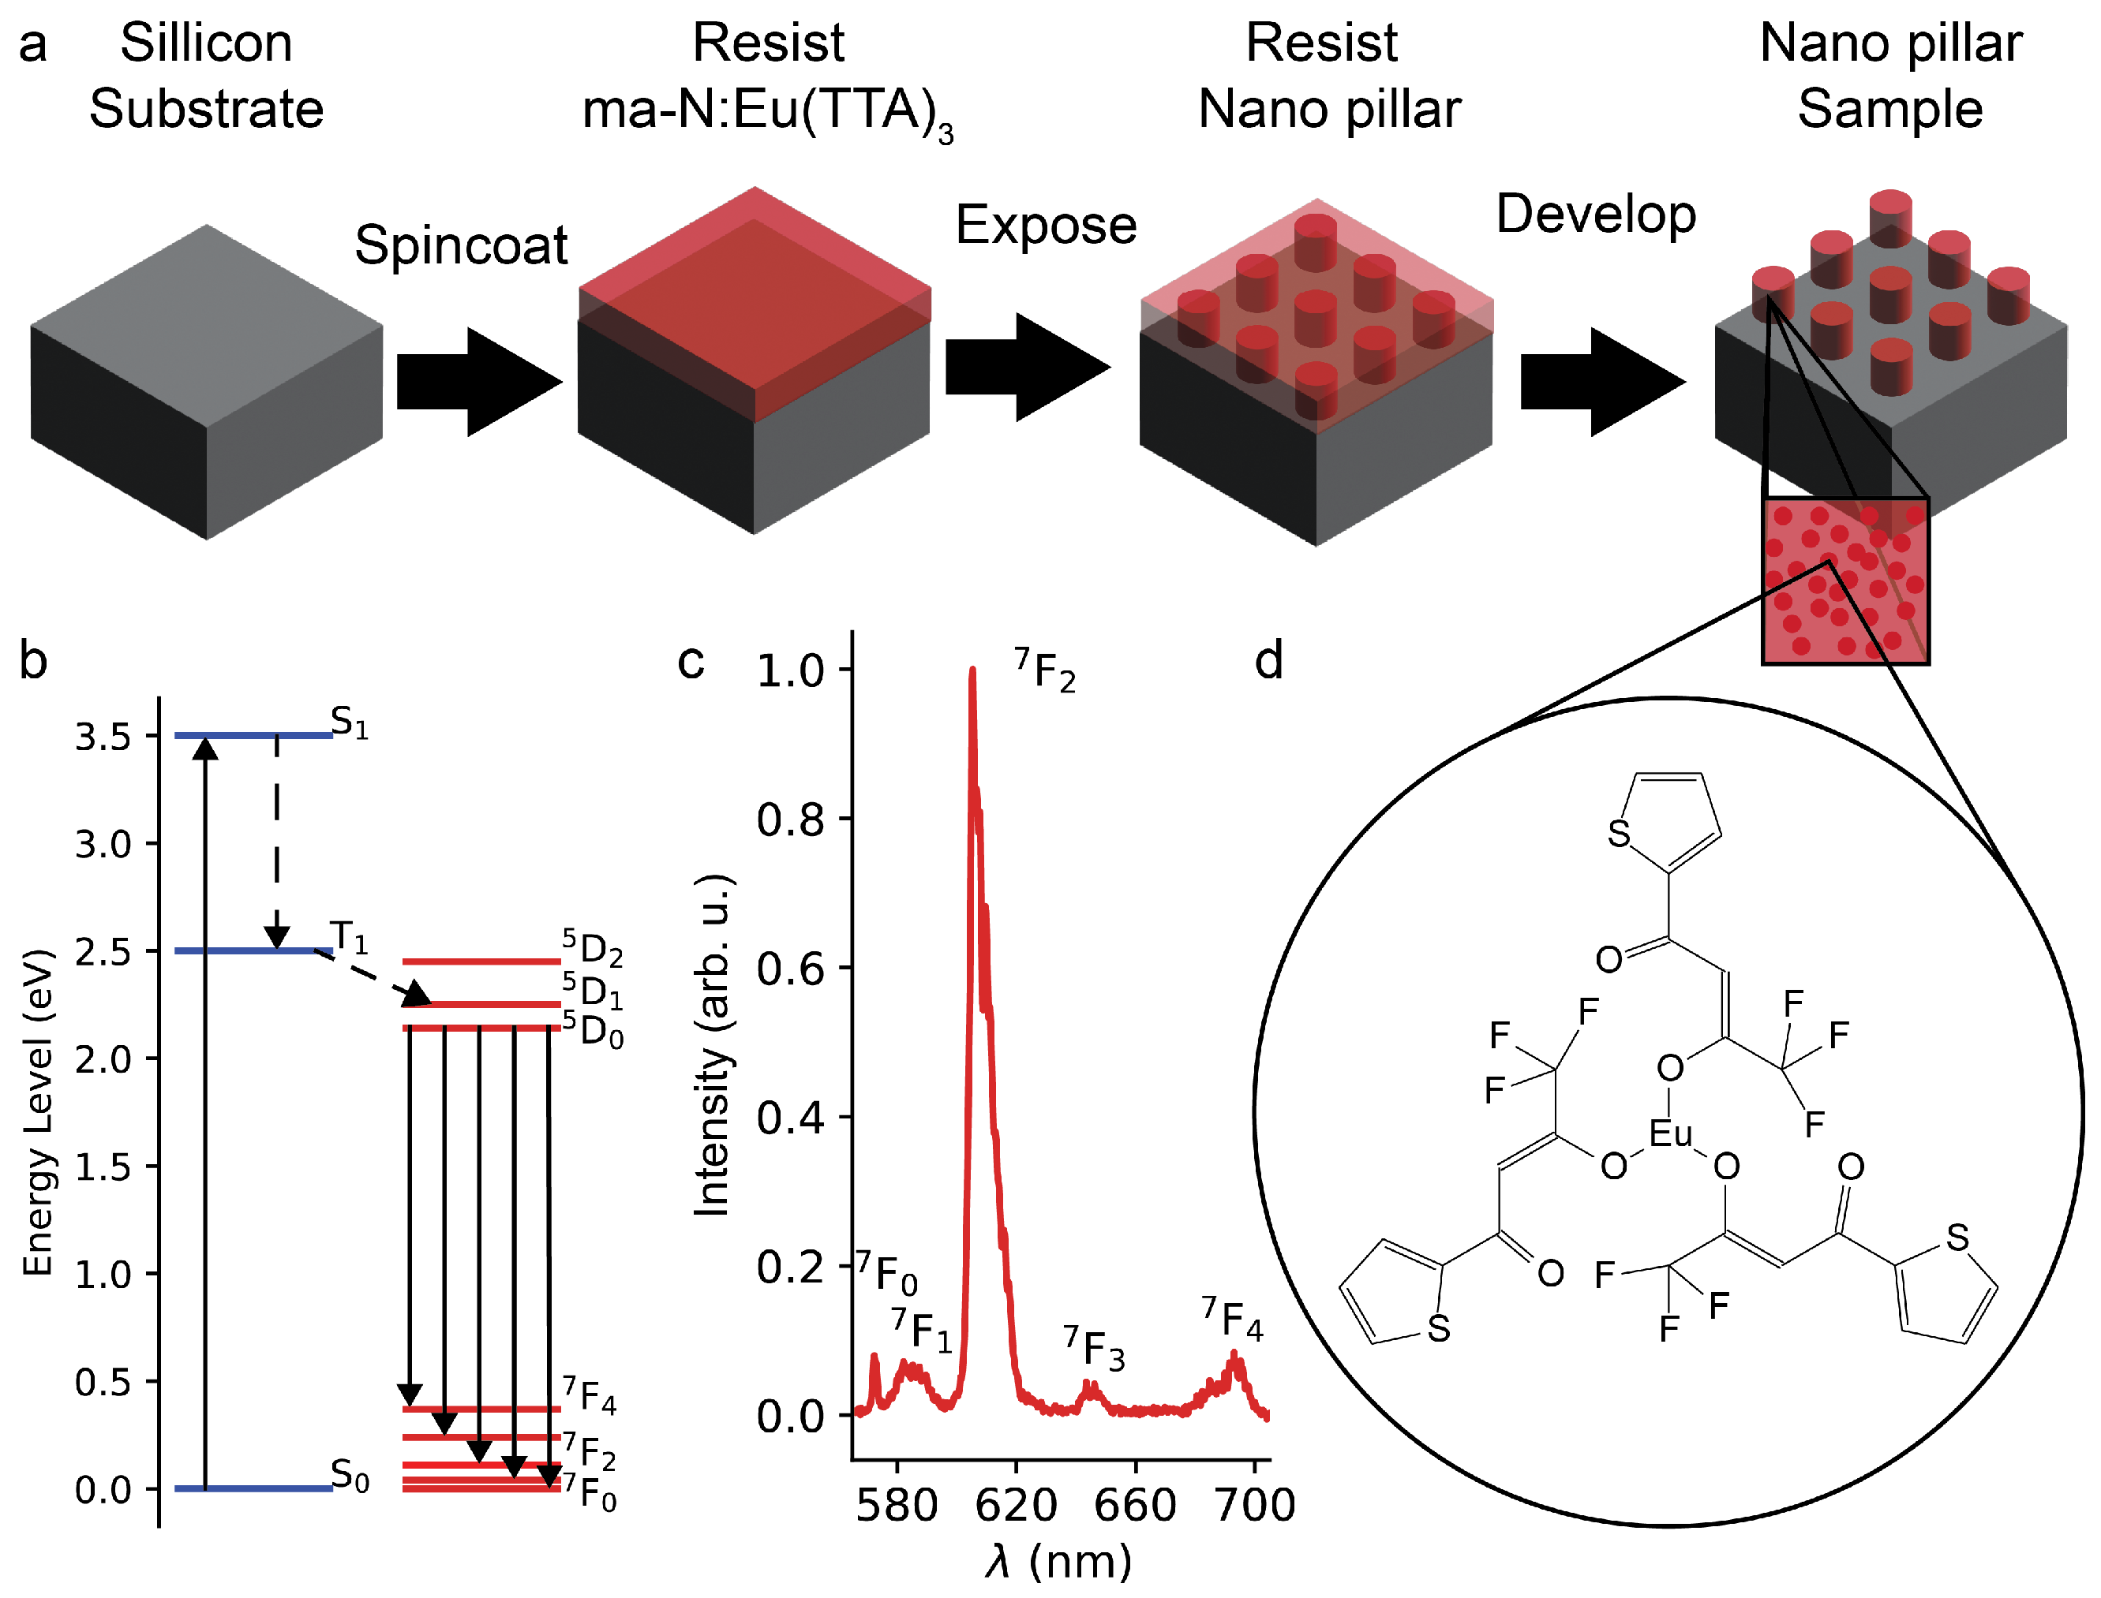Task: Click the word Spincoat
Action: coord(461,245)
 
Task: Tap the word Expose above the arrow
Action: coord(1046,226)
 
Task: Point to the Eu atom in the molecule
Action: coord(1670,1133)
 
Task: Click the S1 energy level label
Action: coord(349,723)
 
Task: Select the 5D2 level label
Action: coord(592,947)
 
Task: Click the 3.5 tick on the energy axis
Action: coord(103,736)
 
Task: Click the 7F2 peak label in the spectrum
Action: coord(1045,670)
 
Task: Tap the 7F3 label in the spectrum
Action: coord(1094,1349)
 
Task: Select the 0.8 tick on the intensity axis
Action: coord(790,819)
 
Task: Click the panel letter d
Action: coord(1268,660)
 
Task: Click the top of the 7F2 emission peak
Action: coord(972,671)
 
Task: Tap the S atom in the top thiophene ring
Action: coord(1619,834)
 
